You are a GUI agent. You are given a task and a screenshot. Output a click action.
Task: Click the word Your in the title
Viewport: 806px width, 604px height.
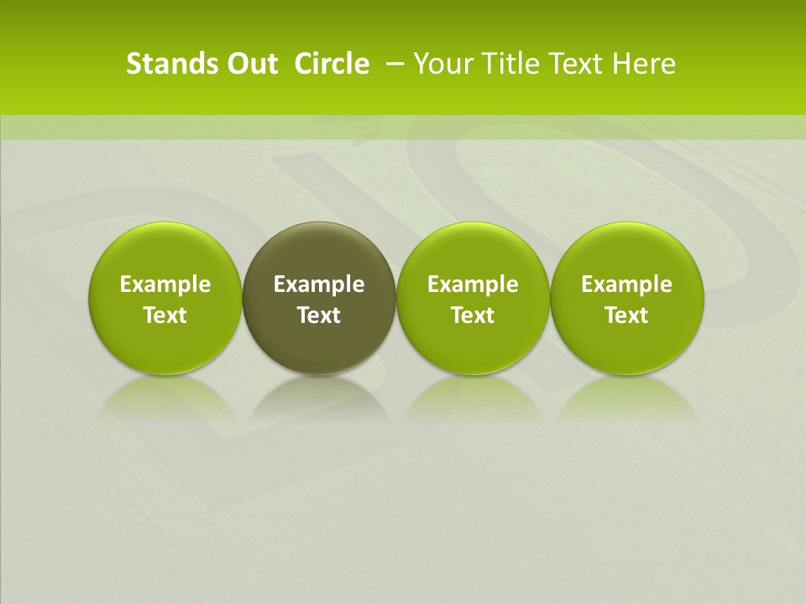[x=443, y=64]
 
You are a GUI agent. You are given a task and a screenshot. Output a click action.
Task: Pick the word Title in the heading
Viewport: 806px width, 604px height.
[x=511, y=64]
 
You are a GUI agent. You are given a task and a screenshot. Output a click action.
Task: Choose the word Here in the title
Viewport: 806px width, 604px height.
[x=647, y=64]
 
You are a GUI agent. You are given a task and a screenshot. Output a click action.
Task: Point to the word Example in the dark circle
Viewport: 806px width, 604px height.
[x=319, y=284]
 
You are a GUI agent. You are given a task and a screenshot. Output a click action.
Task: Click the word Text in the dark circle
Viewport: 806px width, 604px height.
[x=319, y=315]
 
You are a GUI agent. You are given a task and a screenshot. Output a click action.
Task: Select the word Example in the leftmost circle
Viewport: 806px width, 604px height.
[x=165, y=284]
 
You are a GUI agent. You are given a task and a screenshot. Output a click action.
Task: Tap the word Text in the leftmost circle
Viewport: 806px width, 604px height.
[x=165, y=315]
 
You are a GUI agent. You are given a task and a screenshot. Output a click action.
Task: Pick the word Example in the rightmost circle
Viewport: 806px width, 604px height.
[x=627, y=284]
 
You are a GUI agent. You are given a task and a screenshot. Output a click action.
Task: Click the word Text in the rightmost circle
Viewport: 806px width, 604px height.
[x=627, y=315]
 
